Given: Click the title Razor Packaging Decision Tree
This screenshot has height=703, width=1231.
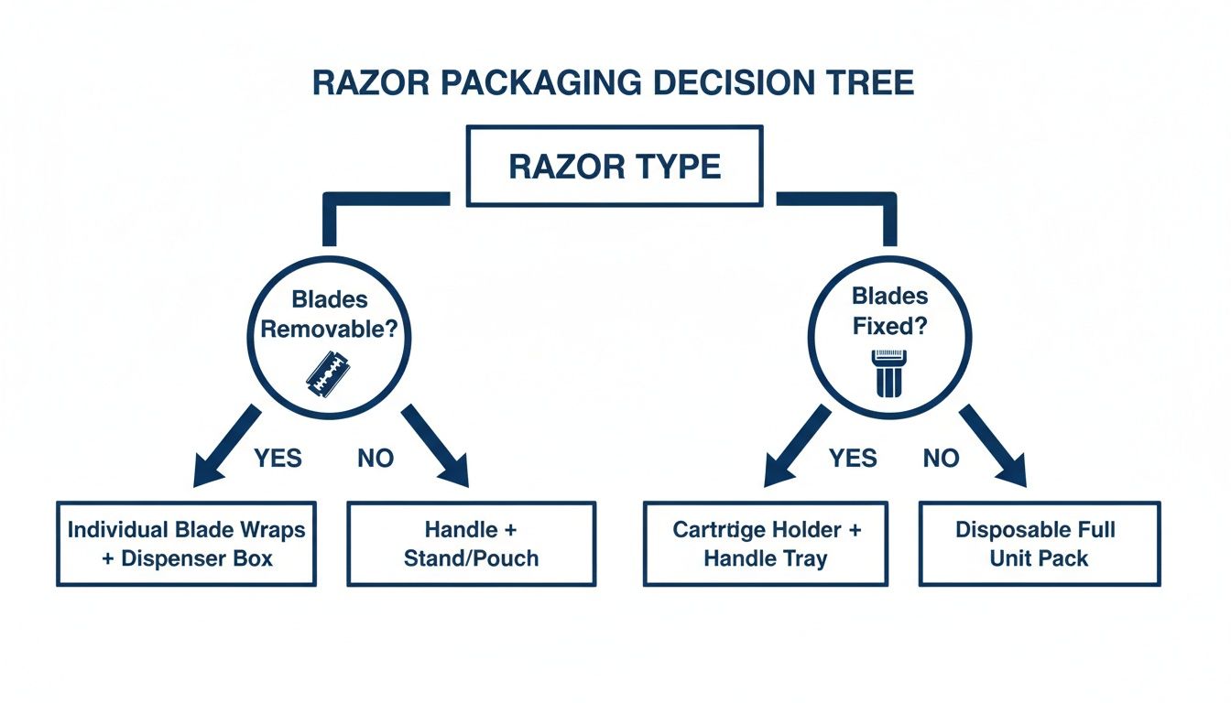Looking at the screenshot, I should pyautogui.click(x=614, y=83).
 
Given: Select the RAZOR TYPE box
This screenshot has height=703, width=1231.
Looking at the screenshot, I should pyautogui.click(x=614, y=167).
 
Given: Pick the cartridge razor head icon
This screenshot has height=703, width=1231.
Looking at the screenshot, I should pyautogui.click(x=889, y=373).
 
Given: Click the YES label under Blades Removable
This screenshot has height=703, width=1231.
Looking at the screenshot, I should pyautogui.click(x=278, y=458).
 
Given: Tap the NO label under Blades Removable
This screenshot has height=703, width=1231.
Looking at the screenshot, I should pyautogui.click(x=376, y=458).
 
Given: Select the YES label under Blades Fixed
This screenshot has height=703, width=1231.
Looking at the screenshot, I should pyautogui.click(x=853, y=458).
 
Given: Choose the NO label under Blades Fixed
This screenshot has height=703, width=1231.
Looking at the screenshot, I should pyautogui.click(x=941, y=458).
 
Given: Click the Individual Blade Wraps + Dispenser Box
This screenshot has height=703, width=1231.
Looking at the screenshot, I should pyautogui.click(x=186, y=544).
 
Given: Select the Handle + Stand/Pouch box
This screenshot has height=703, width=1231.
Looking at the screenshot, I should pyautogui.click(x=472, y=544).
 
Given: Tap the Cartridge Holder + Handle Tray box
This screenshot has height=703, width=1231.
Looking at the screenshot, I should pyautogui.click(x=766, y=544).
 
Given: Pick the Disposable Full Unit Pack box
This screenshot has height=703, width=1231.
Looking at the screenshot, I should pyautogui.click(x=1040, y=544).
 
